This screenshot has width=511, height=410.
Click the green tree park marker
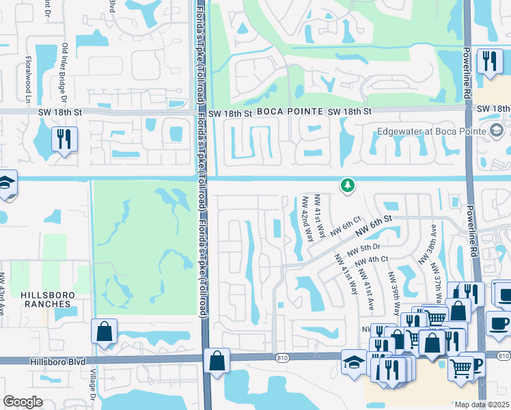[x=348, y=184]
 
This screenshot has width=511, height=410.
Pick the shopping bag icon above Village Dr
[x=104, y=331]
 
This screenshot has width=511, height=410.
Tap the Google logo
[x=23, y=401]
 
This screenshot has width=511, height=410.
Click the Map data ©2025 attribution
[x=482, y=405]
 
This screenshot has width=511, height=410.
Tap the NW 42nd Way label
[x=307, y=219]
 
